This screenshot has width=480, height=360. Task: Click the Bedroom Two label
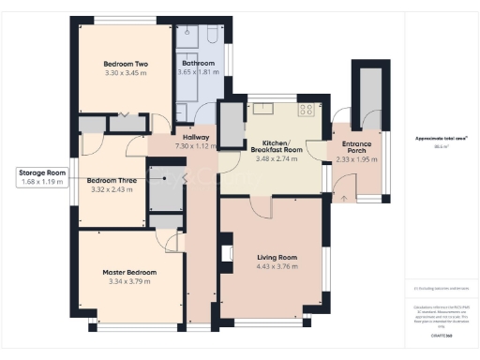[126, 63]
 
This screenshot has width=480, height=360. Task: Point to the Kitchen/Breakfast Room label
[275, 146]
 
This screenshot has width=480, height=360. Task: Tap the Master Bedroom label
[129, 272]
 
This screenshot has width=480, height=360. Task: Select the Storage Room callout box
[43, 176]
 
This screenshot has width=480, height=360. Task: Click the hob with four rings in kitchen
[306, 110]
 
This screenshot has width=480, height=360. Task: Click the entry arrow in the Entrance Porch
[345, 198]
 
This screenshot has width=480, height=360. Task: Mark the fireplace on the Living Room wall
[225, 252]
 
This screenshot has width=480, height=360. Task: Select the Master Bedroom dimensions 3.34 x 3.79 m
[129, 281]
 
